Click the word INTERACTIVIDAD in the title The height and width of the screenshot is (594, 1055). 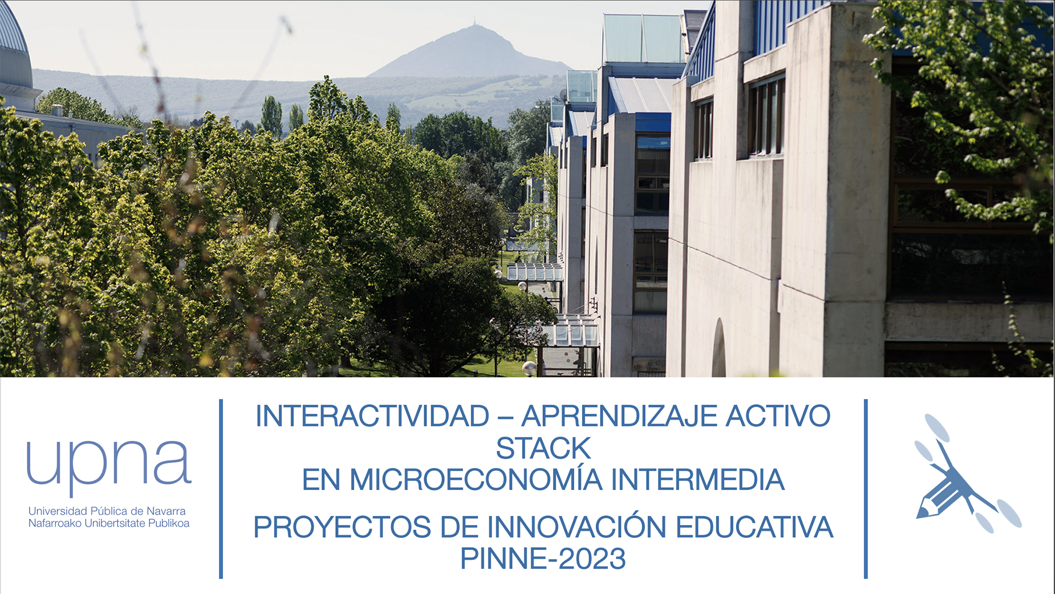click(373, 416)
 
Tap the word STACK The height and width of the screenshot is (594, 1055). click(543, 448)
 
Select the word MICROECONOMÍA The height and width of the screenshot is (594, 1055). click(476, 480)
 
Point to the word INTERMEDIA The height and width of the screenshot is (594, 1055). click(697, 480)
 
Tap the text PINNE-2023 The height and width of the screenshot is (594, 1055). click(543, 559)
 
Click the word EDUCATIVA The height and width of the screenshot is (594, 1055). click(754, 527)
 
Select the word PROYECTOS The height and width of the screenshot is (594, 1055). click(342, 527)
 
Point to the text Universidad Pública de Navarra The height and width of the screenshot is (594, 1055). click(107, 511)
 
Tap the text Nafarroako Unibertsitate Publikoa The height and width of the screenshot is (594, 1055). click(109, 523)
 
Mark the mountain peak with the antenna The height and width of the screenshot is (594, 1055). click(474, 25)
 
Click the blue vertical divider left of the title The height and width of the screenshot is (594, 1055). click(221, 489)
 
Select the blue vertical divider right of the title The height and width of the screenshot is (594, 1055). click(866, 489)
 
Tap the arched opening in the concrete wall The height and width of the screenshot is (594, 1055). click(719, 349)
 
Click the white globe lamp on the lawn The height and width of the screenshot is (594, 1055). click(529, 367)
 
